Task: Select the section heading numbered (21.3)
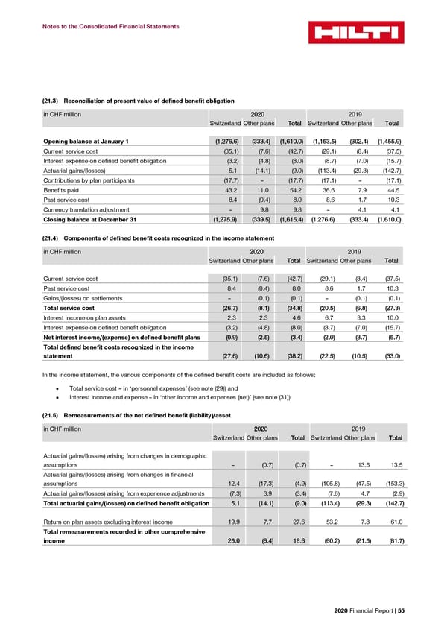tap(139, 101)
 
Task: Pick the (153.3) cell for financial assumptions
tap(393, 482)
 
